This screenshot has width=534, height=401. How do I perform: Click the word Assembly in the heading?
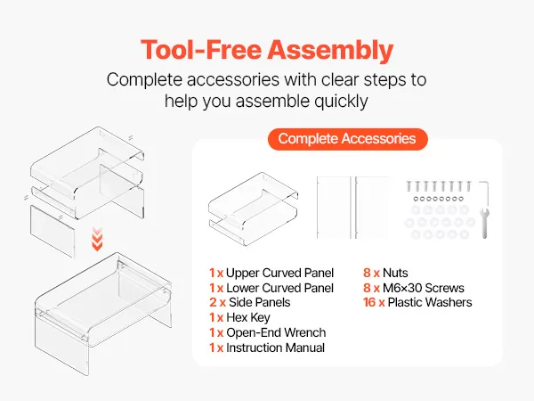click(330, 51)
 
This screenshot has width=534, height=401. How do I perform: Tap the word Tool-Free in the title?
click(201, 50)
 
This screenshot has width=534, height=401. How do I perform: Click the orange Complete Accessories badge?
click(347, 139)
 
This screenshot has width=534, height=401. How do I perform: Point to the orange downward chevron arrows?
click(97, 240)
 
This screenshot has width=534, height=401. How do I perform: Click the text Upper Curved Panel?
click(279, 273)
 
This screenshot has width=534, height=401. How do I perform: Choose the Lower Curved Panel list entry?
click(271, 288)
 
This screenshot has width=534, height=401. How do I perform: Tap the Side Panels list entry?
click(249, 302)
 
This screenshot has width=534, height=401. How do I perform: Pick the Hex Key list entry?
click(239, 318)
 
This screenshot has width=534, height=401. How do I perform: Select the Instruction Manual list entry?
click(267, 348)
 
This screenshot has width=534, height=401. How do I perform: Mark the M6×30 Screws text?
click(424, 288)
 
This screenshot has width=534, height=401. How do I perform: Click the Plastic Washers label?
click(430, 302)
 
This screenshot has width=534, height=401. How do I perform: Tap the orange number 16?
click(369, 302)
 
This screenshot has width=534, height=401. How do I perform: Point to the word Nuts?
click(395, 273)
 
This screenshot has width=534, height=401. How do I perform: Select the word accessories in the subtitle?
click(233, 80)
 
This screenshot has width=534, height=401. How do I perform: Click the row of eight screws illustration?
click(439, 186)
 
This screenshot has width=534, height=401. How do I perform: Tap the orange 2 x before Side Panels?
click(217, 302)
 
